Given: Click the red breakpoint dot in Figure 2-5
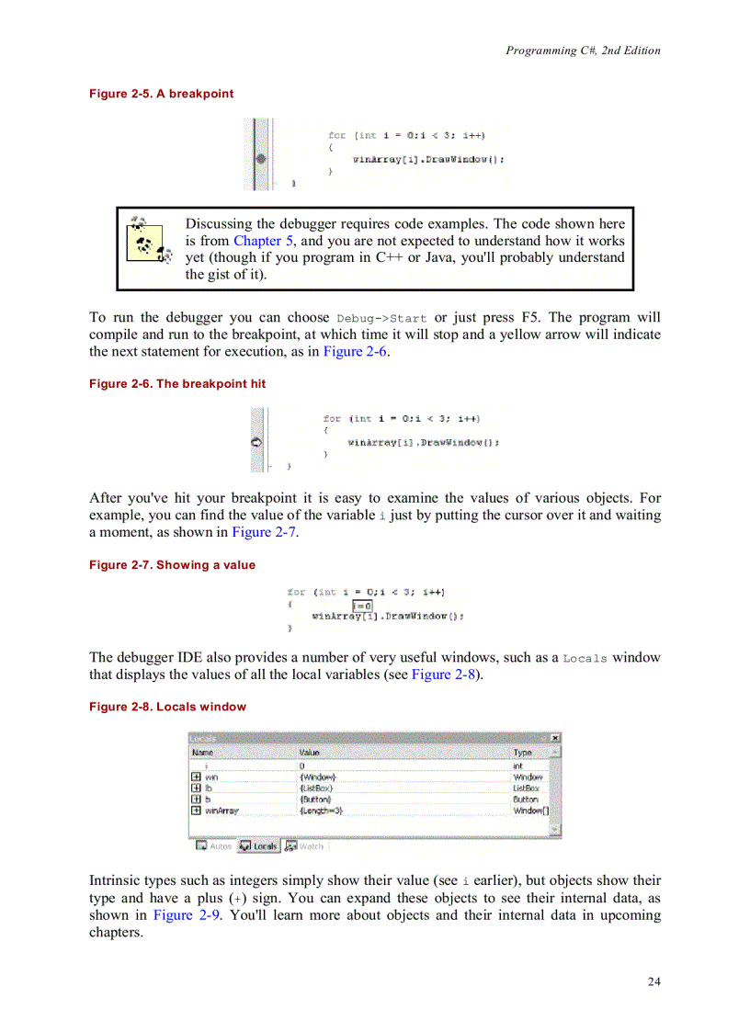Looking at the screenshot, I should [261, 159].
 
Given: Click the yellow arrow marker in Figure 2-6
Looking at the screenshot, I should [256, 443].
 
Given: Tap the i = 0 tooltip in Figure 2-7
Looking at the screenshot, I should [362, 606].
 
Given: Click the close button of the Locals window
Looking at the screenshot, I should [554, 738].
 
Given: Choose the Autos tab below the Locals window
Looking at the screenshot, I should [214, 845].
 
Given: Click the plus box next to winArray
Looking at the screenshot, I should [196, 811].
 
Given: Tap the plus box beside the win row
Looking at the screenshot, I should [196, 777].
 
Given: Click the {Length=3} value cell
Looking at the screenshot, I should [321, 811].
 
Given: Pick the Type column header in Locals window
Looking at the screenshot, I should [522, 753].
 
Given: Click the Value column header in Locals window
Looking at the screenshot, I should [310, 753].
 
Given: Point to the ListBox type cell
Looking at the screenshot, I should [526, 788].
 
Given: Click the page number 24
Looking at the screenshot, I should [653, 981].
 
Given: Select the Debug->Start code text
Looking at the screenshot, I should [381, 319].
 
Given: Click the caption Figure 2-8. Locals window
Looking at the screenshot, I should [167, 707].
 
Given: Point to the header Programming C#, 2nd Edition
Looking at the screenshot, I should [583, 51].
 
